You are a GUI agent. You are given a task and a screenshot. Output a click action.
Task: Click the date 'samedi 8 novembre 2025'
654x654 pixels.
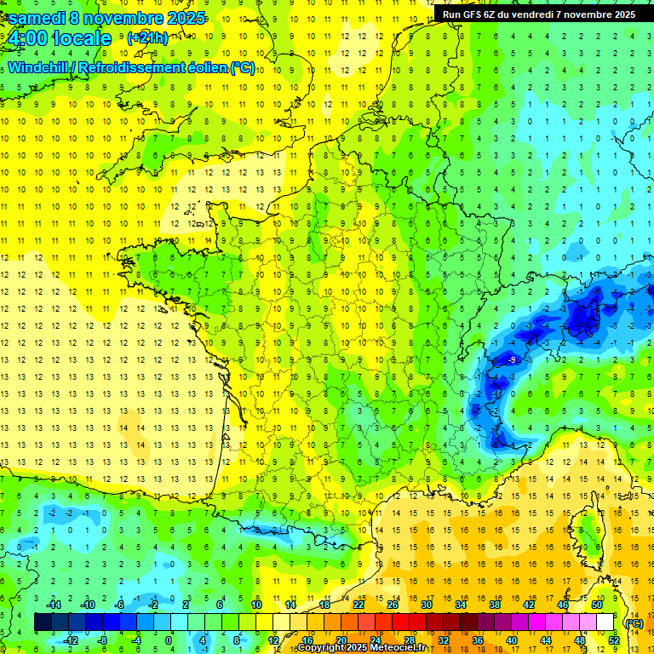pyautogui.click(x=106, y=18)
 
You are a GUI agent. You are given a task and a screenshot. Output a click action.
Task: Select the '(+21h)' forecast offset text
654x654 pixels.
pyautogui.click(x=147, y=37)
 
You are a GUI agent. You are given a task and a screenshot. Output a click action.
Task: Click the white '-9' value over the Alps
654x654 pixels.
pyautogui.click(x=511, y=360)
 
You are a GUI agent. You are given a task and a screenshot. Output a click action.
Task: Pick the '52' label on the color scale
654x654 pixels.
pyautogui.click(x=613, y=640)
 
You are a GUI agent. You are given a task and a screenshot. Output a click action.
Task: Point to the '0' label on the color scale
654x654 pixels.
pyautogui.click(x=168, y=640)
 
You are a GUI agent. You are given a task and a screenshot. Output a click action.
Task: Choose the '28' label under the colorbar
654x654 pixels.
pyautogui.click(x=409, y=640)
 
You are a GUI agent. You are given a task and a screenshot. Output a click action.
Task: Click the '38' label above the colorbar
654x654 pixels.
pyautogui.click(x=494, y=605)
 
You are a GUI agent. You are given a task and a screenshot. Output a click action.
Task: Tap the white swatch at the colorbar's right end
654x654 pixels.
pyautogui.click(x=605, y=622)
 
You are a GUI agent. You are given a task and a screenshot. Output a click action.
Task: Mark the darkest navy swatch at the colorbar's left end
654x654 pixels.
pyautogui.click(x=43, y=622)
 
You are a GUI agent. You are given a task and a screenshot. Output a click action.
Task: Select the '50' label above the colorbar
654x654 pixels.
pyautogui.click(x=597, y=605)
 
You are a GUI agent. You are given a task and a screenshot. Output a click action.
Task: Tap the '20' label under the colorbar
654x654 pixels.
pyautogui.click(x=341, y=640)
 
